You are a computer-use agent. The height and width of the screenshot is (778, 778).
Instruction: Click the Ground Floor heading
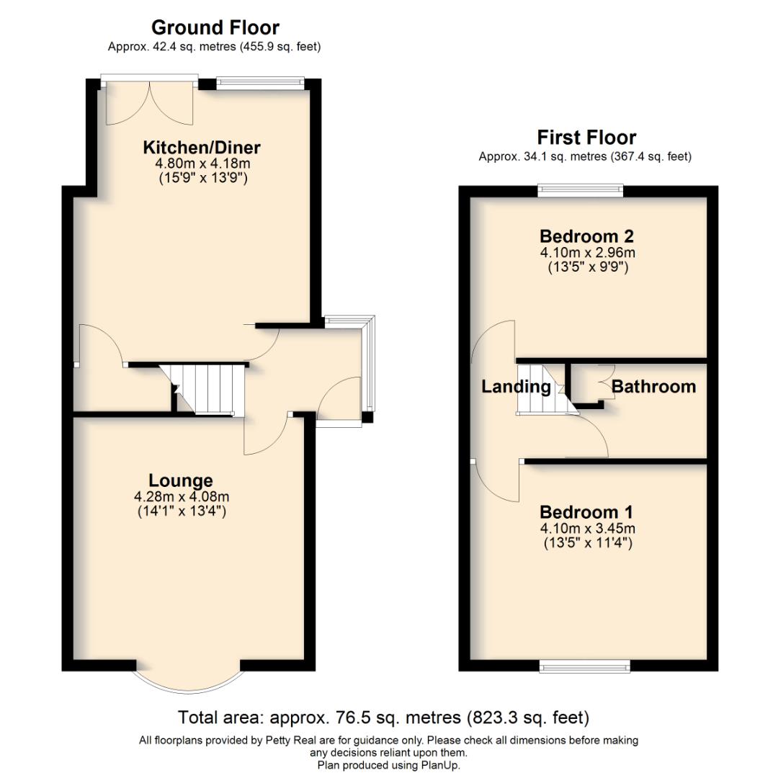coord(215,27)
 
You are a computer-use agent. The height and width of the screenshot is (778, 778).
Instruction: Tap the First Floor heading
coord(586,137)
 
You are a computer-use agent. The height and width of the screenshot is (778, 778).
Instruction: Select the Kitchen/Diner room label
coord(202,148)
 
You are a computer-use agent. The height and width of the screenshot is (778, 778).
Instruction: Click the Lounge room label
coord(181,480)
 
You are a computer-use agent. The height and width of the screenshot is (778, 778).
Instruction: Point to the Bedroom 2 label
coord(587,236)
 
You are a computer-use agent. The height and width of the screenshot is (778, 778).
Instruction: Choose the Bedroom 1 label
coord(586,512)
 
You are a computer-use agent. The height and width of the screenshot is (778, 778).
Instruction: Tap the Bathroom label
coord(653,387)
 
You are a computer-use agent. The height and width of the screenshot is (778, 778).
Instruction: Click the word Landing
coord(516,387)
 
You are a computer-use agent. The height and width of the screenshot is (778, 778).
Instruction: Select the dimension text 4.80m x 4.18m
coord(202,164)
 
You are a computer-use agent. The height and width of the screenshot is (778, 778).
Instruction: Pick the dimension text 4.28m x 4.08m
coord(181,497)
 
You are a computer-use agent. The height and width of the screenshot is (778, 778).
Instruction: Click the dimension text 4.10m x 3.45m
coord(587,528)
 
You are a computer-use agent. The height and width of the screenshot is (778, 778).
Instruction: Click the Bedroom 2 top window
coord(581,190)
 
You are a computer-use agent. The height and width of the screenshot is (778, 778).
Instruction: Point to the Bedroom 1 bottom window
coord(585,666)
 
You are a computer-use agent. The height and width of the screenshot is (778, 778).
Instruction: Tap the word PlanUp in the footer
coord(442,765)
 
